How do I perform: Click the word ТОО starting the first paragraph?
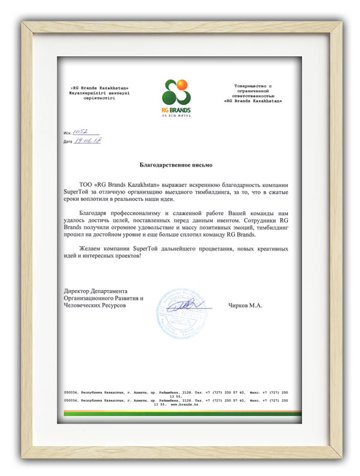pos(86,179)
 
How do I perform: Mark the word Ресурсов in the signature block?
pos(113,306)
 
